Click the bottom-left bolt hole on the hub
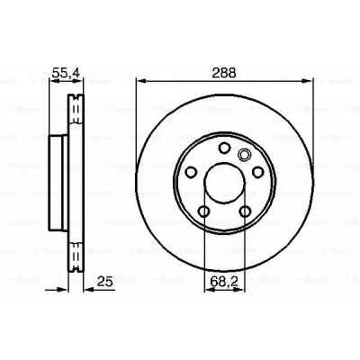[x=203, y=211]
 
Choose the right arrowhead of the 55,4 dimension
[x=85, y=81]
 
